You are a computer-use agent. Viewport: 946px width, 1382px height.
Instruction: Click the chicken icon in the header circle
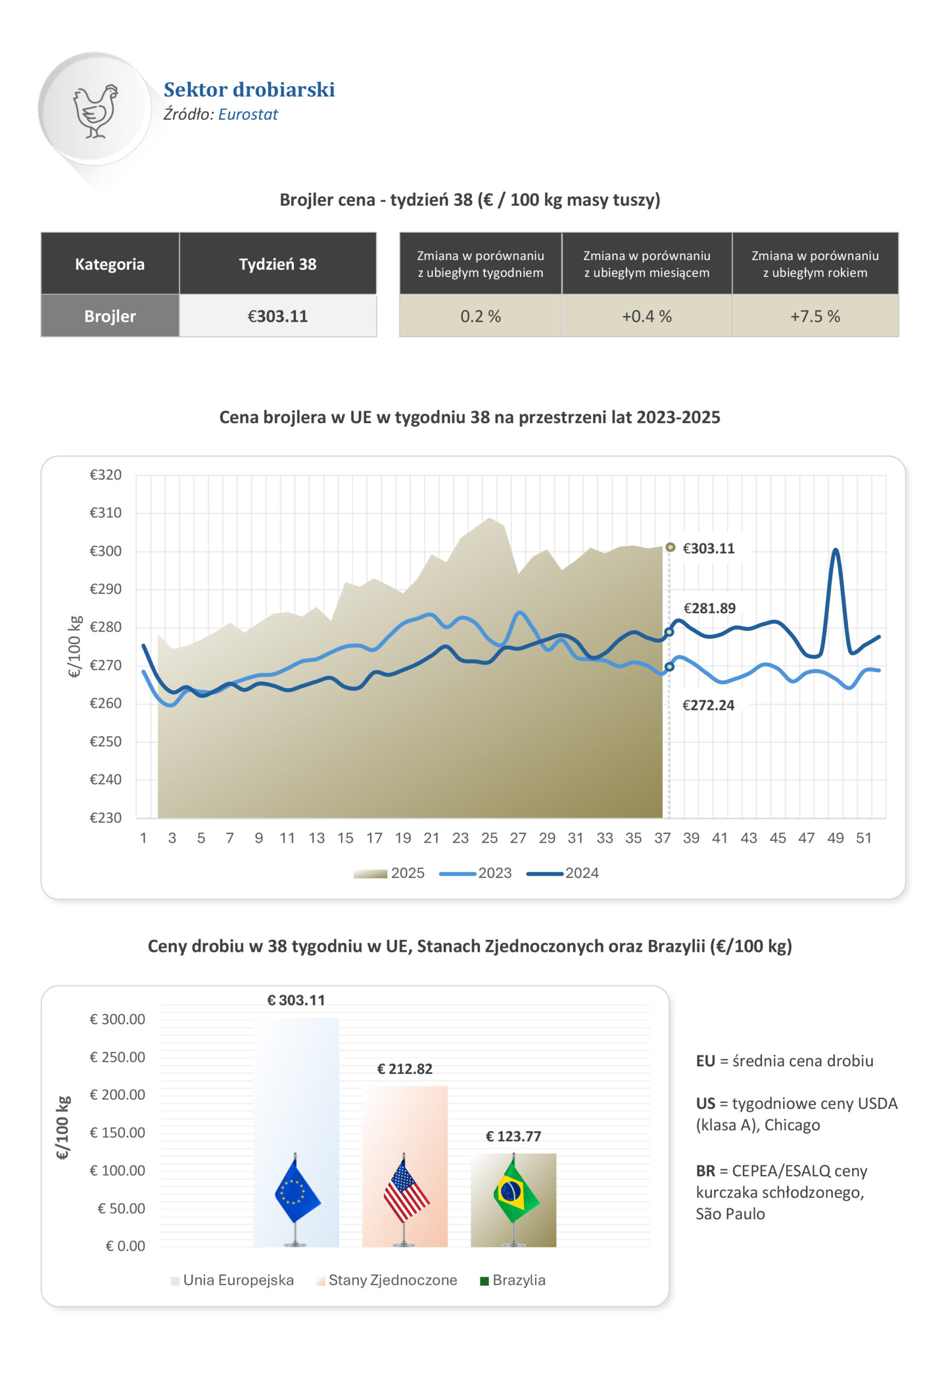[x=95, y=111]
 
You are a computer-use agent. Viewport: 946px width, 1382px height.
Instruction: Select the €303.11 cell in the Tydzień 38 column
[x=278, y=316]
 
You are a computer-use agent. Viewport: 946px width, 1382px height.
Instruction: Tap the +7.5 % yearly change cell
[x=815, y=316]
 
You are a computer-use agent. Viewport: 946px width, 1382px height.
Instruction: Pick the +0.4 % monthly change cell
[x=647, y=316]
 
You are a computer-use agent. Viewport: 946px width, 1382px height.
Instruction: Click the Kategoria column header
[x=110, y=264]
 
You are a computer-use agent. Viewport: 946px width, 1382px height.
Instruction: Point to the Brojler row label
[x=110, y=316]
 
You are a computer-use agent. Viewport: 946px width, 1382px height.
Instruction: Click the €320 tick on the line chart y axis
[x=105, y=475]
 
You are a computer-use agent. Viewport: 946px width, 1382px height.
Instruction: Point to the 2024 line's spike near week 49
[x=835, y=551]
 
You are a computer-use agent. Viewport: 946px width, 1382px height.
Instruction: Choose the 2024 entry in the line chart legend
[x=581, y=873]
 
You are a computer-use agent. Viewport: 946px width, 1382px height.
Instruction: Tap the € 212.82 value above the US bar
[x=405, y=1069]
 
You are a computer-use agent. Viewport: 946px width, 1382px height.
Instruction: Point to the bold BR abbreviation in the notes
[x=705, y=1171]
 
